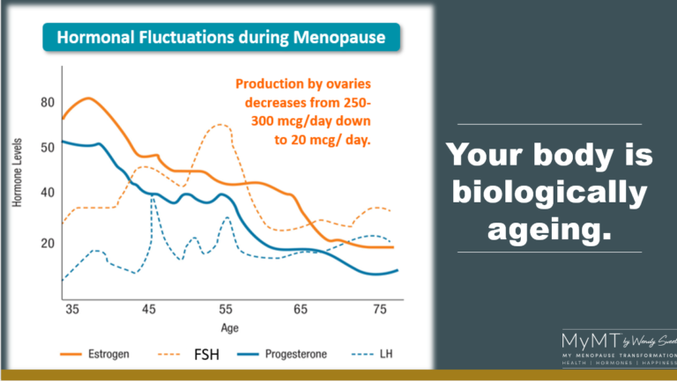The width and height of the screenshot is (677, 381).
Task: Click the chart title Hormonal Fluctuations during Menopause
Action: [220, 38]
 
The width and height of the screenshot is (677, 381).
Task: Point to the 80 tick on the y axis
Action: [47, 103]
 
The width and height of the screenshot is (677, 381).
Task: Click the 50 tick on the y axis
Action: [47, 147]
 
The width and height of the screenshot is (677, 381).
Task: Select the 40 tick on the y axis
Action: [47, 193]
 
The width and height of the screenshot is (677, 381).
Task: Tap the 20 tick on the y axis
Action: [47, 243]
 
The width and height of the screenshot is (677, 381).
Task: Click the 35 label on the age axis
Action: [72, 310]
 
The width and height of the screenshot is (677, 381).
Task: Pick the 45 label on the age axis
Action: [149, 310]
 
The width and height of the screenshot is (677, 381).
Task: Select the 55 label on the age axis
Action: [226, 310]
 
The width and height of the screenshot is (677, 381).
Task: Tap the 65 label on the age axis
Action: [301, 310]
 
